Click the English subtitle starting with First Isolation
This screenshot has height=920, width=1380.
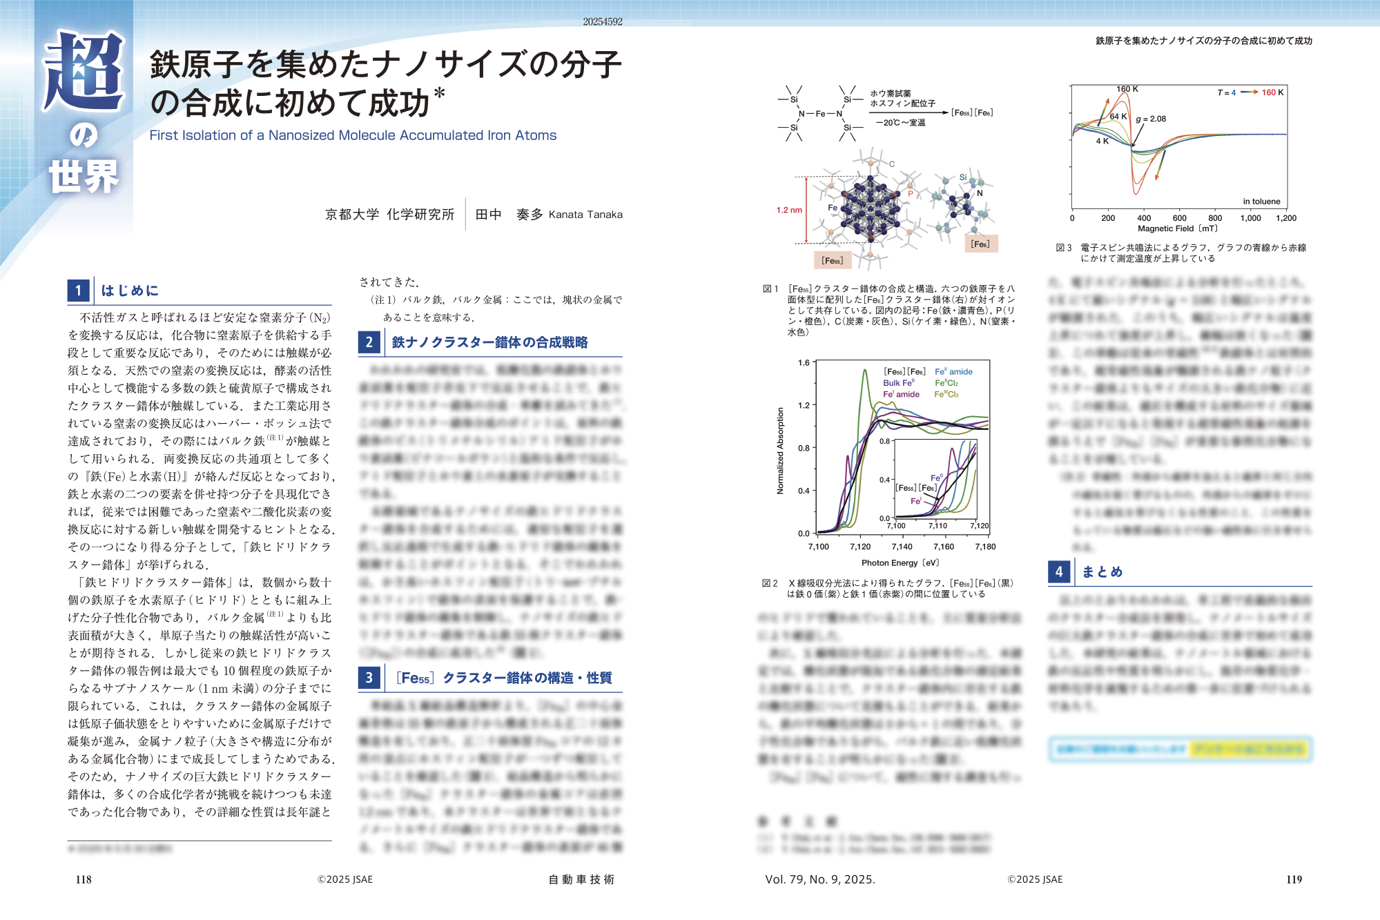353,135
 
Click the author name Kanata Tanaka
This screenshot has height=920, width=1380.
585,215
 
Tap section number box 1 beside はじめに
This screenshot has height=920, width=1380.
79,291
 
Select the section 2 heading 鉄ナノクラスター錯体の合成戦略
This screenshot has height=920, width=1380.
489,342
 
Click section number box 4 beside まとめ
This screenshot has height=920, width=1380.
1059,571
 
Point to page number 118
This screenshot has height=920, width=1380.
84,879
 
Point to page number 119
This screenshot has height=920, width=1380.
1294,879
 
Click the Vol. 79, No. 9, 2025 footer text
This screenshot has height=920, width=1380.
820,879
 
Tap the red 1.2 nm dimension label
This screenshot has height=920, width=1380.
789,210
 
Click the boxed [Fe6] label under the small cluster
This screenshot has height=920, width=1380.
980,244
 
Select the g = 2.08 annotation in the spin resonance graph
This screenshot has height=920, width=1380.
1151,119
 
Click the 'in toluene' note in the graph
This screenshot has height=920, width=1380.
1261,202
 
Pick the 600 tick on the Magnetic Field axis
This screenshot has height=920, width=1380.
1180,218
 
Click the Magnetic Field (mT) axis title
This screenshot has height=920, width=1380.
1178,228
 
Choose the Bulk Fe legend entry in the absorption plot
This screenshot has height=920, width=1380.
898,383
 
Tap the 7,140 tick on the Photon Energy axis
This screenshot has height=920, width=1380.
902,547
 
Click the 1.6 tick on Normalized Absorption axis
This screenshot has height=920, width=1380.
804,362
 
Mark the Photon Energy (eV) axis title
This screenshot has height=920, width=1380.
900,563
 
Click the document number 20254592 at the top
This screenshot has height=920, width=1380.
603,22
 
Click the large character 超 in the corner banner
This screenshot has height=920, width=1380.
84,71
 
